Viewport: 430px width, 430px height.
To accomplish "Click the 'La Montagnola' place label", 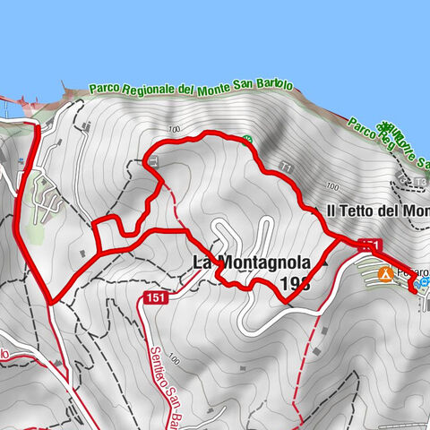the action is tap(252, 263).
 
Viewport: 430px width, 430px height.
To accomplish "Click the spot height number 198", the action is tap(294, 284).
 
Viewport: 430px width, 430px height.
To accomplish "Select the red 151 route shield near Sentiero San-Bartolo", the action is tap(157, 297).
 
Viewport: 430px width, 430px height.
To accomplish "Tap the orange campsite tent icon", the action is tap(385, 274).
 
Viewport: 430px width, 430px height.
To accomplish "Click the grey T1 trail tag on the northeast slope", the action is tap(286, 168).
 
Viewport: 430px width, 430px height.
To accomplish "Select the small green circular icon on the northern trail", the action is tap(247, 139).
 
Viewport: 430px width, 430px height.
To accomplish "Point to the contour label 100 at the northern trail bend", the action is tap(172, 131).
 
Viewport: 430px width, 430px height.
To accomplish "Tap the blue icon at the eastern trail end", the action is tap(425, 283).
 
